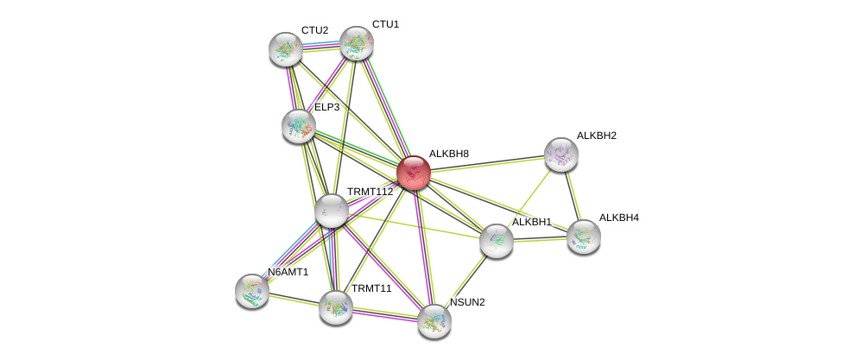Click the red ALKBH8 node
click(414, 173)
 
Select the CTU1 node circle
click(356, 43)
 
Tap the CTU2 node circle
click(285, 49)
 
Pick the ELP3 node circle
click(299, 126)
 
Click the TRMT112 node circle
click(331, 210)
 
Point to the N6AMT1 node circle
click(252, 290)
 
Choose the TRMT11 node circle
click(335, 306)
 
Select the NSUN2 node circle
click(434, 321)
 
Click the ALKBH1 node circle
click(497, 241)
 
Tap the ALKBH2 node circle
click(560, 155)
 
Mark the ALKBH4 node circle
click(583, 236)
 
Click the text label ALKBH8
click(449, 154)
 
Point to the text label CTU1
click(385, 24)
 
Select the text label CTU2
click(314, 30)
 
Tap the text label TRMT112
click(367, 192)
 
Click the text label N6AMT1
click(288, 272)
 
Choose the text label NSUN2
click(467, 302)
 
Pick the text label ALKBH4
click(618, 218)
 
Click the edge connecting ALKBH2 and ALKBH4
click(572, 195)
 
